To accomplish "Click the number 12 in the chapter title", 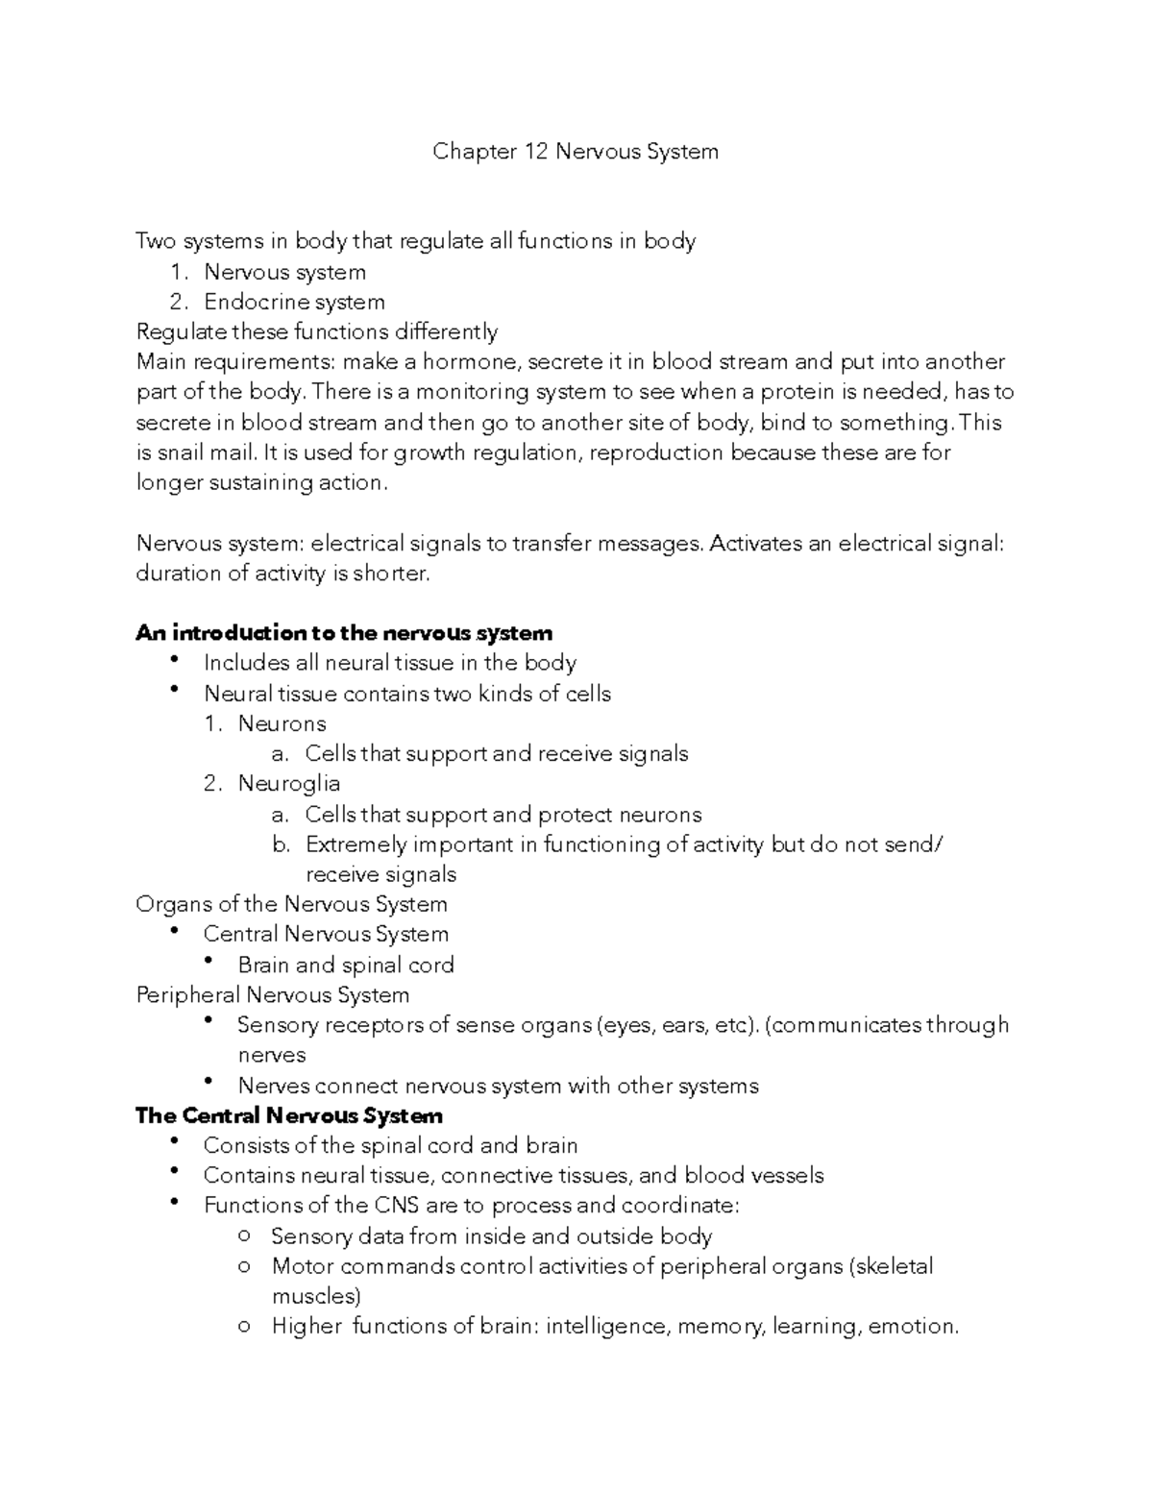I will click(x=534, y=152).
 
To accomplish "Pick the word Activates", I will click(x=755, y=544).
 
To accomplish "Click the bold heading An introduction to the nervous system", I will click(x=344, y=633).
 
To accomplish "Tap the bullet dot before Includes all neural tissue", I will click(x=173, y=660).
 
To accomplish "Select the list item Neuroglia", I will click(x=288, y=784).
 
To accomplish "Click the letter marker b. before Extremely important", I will click(x=281, y=844).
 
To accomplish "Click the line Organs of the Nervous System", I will click(x=291, y=904).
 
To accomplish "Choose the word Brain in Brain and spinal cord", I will click(x=263, y=965).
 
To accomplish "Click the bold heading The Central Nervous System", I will click(x=288, y=1115).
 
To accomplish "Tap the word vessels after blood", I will click(x=787, y=1176).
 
